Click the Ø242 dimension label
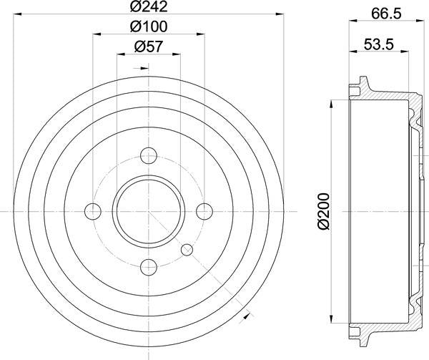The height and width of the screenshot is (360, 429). (x=149, y=10)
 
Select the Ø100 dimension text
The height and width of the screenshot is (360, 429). (x=149, y=29)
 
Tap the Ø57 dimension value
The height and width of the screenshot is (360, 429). (x=149, y=49)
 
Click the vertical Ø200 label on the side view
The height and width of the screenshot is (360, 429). (x=323, y=211)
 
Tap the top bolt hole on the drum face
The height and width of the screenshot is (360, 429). (x=149, y=155)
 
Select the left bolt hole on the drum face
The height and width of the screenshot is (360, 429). (x=93, y=211)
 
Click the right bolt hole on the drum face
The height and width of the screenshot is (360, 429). (x=204, y=211)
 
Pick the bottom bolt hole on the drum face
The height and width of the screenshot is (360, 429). (x=149, y=267)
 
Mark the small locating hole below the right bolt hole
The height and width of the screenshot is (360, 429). (x=187, y=249)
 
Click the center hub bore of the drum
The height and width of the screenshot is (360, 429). (x=149, y=211)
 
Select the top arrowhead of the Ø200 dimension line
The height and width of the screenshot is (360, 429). (x=330, y=102)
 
